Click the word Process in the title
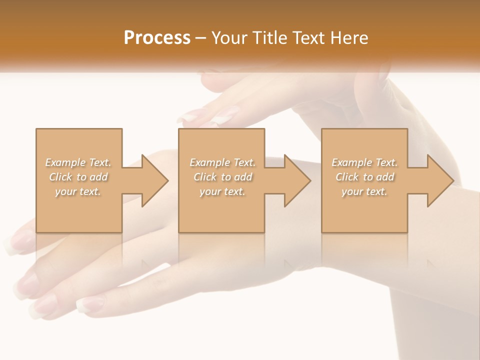coord(157,38)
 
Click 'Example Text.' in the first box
coord(78,162)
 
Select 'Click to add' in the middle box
coord(222,177)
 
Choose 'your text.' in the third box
coord(364,191)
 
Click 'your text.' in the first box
coord(78,191)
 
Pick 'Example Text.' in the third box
coord(364,162)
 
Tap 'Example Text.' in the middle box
coord(222,162)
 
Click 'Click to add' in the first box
coord(78,177)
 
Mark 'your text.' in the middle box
coord(222,191)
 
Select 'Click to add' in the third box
coord(364,177)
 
